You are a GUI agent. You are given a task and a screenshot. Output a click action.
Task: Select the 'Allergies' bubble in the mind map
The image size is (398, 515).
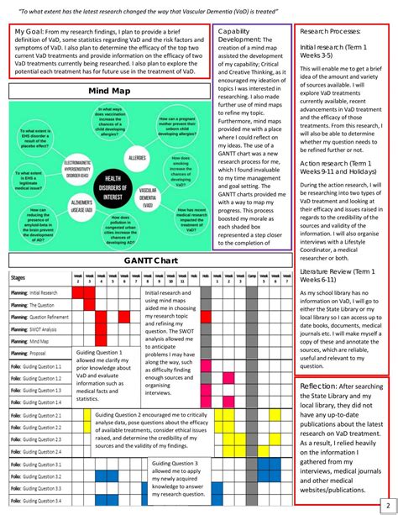click(x=137, y=157)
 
